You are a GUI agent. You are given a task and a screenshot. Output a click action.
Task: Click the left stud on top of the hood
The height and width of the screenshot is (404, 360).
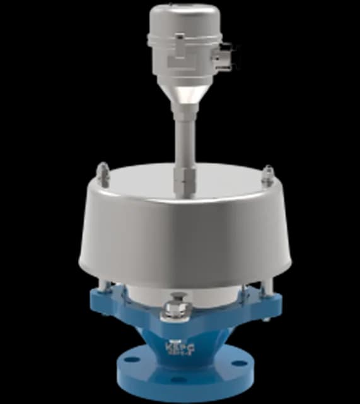[102, 172]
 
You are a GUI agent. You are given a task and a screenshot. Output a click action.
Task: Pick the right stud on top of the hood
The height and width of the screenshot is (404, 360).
[270, 172]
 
